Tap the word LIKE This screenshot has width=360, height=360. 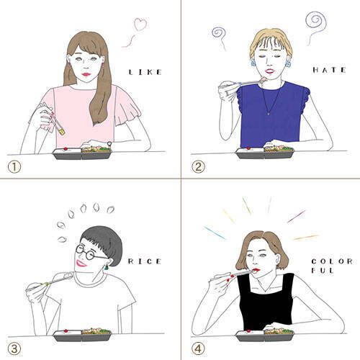[145, 72]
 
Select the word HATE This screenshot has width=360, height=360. [329, 70]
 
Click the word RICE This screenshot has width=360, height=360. [145, 261]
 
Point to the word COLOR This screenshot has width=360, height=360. [332, 261]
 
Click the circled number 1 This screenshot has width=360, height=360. [14, 166]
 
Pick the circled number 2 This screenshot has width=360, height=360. [198, 166]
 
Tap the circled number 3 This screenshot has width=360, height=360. [14, 348]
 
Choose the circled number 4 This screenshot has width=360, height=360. [198, 348]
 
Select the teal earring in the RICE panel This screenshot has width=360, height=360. [107, 267]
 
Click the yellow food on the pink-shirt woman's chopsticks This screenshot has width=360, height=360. [63, 132]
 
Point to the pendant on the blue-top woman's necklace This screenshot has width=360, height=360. [269, 114]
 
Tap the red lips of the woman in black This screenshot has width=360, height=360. [257, 270]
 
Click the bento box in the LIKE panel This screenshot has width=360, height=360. [82, 153]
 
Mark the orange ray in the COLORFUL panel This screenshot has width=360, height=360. [306, 238]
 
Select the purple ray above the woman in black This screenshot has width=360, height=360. [297, 216]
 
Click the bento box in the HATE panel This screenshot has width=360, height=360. [265, 153]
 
